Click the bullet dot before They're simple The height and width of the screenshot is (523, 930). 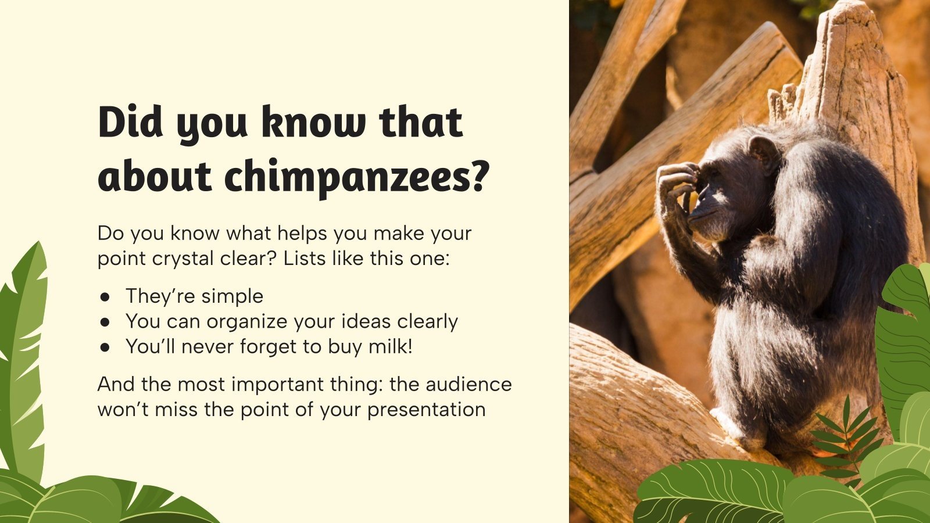click(105, 296)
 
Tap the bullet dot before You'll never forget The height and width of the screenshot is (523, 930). click(105, 347)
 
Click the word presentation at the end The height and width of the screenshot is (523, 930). click(426, 409)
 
